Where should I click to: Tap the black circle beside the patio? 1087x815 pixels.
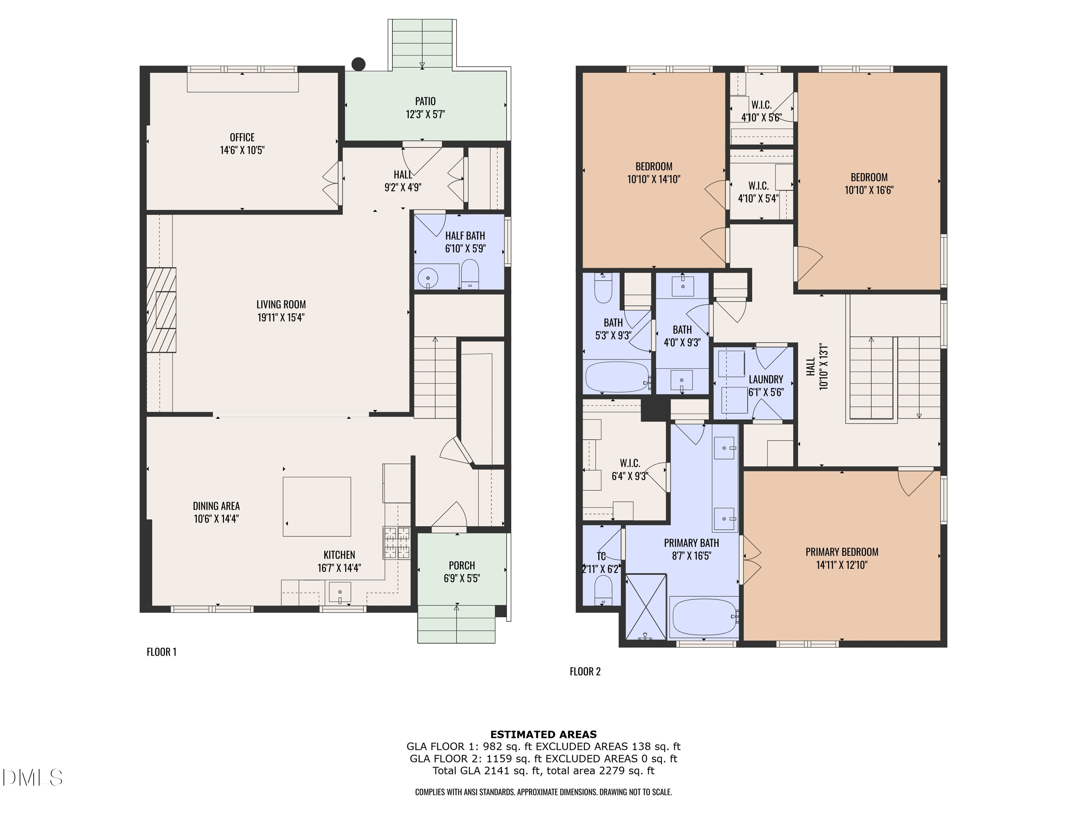click(x=359, y=64)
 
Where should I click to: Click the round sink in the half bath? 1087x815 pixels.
click(x=428, y=279)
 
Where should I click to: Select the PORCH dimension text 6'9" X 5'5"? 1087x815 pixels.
click(x=462, y=578)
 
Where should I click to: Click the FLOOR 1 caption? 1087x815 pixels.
click(x=161, y=652)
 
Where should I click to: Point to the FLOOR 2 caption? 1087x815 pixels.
click(x=585, y=672)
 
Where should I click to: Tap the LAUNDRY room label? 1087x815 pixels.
click(x=766, y=379)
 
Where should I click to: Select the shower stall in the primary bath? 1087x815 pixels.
click(x=646, y=607)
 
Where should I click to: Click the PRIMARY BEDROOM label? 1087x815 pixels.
click(x=841, y=552)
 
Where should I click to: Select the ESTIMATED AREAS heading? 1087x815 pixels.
click(x=543, y=735)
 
